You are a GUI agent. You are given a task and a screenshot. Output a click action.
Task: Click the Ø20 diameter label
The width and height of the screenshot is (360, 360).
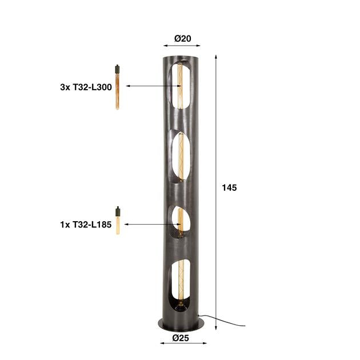pos(182,39)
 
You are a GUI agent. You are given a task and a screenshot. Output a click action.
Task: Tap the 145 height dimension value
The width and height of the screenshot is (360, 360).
pos(229,187)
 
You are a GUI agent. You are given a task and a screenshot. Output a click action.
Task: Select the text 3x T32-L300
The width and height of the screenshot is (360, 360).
pos(85,87)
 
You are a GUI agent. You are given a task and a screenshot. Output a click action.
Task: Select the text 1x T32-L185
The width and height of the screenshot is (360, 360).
pos(85,225)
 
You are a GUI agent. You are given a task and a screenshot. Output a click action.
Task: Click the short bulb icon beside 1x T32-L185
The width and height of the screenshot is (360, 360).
pos(118,221)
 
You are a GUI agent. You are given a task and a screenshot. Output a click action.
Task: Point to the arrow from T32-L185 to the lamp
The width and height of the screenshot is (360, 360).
pos(151,225)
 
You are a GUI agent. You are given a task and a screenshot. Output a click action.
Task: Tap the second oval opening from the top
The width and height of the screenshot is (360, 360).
pos(181,156)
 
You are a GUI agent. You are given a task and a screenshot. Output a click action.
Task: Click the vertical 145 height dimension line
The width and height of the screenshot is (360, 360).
pos(216,143)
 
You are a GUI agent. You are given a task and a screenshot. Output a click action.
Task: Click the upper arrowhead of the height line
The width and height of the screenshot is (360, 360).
pos(216,57)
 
